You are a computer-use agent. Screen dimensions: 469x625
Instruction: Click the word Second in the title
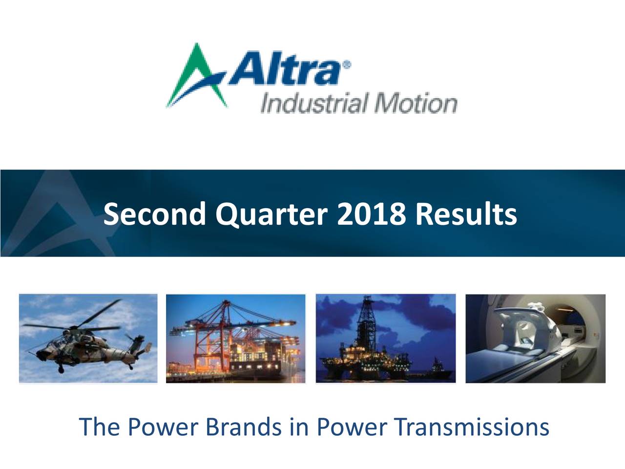coord(155,214)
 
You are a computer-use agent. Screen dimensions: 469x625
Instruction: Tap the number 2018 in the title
coord(371,214)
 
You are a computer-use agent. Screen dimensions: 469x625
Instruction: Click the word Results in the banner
coord(466,214)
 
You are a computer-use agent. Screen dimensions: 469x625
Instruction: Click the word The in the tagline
coord(100,427)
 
